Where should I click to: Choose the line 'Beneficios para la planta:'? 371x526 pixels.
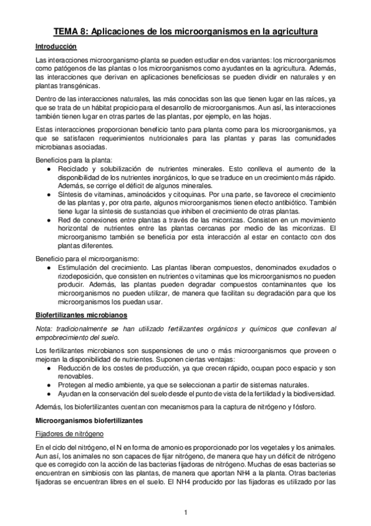[x=74, y=159]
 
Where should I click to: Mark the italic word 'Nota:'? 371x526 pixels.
[x=45, y=329]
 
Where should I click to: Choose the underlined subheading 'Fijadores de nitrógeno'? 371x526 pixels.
[x=69, y=434]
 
